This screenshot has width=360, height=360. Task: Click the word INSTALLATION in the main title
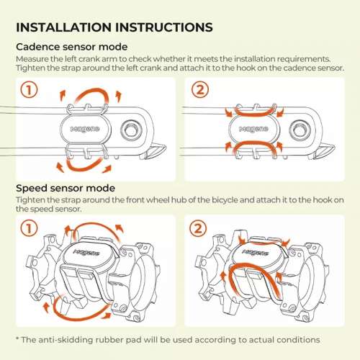(x=64, y=27)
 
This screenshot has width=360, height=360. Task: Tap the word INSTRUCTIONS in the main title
(x=164, y=27)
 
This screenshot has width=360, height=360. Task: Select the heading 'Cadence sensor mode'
(x=71, y=47)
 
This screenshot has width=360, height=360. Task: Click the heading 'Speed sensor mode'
(x=66, y=188)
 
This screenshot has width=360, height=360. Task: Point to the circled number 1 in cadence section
(x=29, y=90)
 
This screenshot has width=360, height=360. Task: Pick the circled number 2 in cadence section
(x=200, y=89)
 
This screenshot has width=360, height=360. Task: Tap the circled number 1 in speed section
(x=29, y=228)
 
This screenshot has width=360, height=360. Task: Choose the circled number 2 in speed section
(x=198, y=228)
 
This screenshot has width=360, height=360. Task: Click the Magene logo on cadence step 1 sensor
(x=85, y=129)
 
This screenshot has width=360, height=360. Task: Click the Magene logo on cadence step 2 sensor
(x=253, y=129)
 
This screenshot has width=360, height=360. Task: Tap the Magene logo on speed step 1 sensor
(x=86, y=252)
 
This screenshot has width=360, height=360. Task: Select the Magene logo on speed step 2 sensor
(x=256, y=252)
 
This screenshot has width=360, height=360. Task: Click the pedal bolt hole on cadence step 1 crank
(x=132, y=130)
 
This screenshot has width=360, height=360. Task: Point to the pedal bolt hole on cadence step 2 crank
(x=300, y=130)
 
